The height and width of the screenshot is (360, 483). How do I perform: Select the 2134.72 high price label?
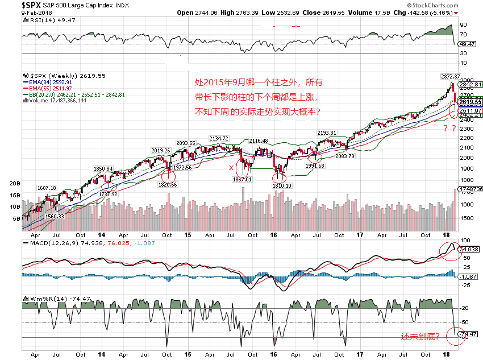click(x=219, y=138)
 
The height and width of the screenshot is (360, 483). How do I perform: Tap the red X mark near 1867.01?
click(x=230, y=168)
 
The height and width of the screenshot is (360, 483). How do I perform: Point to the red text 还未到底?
click(x=420, y=337)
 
